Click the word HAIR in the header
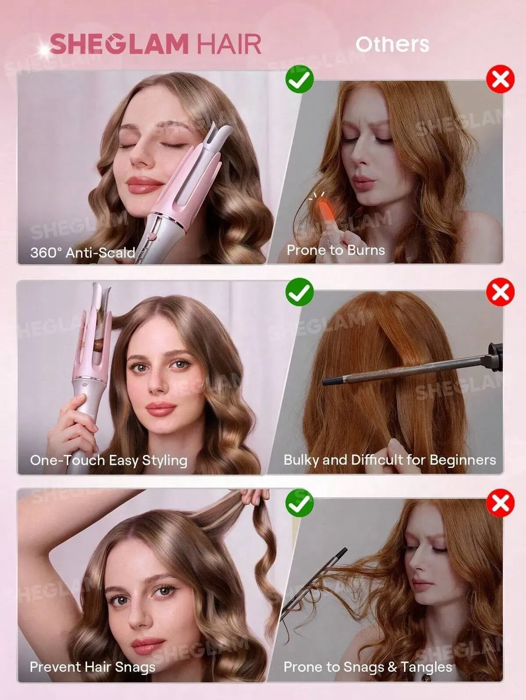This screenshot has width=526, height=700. click(x=229, y=44)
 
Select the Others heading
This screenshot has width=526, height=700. click(x=392, y=44)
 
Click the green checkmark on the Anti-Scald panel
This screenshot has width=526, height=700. click(x=299, y=79)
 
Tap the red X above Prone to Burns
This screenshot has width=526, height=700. click(x=500, y=79)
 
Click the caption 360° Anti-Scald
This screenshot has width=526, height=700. click(x=83, y=253)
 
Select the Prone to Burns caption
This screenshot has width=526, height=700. click(x=336, y=250)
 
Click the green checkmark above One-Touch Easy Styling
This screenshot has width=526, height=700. click(x=299, y=292)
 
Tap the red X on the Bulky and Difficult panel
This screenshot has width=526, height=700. click(x=500, y=292)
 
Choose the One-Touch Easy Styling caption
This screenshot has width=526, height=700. click(x=109, y=461)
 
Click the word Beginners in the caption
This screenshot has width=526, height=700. click(x=463, y=460)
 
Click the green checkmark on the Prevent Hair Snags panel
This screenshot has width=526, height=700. click(x=299, y=503)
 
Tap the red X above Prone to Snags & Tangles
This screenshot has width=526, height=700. click(x=500, y=503)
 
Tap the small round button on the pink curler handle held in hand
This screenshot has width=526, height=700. click(x=84, y=385)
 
